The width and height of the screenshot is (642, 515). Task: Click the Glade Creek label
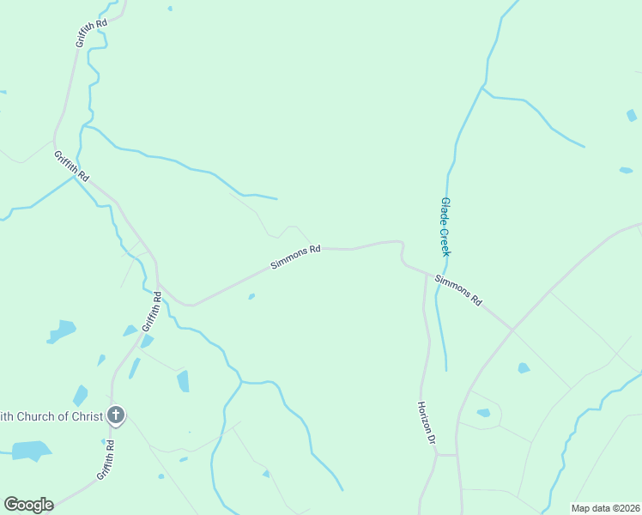[x=445, y=227]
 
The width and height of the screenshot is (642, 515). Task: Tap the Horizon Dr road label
[x=427, y=423]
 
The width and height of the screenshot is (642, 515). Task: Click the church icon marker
[x=117, y=416]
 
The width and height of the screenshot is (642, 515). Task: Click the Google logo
[x=28, y=505]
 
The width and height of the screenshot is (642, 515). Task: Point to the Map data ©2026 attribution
[x=605, y=508]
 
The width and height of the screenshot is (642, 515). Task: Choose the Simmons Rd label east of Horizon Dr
[x=458, y=291]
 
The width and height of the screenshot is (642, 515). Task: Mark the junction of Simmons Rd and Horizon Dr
[x=426, y=274]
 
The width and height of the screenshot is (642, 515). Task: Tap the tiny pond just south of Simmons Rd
[x=251, y=297]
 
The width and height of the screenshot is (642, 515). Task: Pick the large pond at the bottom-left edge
[x=32, y=451]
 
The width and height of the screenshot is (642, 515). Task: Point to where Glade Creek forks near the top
[x=482, y=87]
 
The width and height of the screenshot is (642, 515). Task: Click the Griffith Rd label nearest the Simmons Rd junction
[x=152, y=312]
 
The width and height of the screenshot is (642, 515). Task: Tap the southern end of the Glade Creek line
[x=446, y=370]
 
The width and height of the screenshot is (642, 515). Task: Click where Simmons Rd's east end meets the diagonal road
[x=512, y=330]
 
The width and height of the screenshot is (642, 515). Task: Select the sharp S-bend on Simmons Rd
[x=402, y=254]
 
